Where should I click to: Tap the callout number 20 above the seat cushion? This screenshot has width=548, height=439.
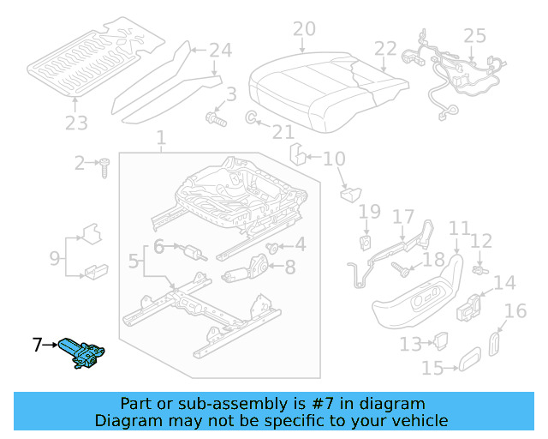304,30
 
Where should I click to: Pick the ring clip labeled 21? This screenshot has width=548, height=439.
253,117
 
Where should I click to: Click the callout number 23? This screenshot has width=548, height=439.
76,123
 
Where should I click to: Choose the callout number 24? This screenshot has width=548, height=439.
220,51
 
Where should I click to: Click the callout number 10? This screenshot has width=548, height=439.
334,158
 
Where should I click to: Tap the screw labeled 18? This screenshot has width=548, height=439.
402,269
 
